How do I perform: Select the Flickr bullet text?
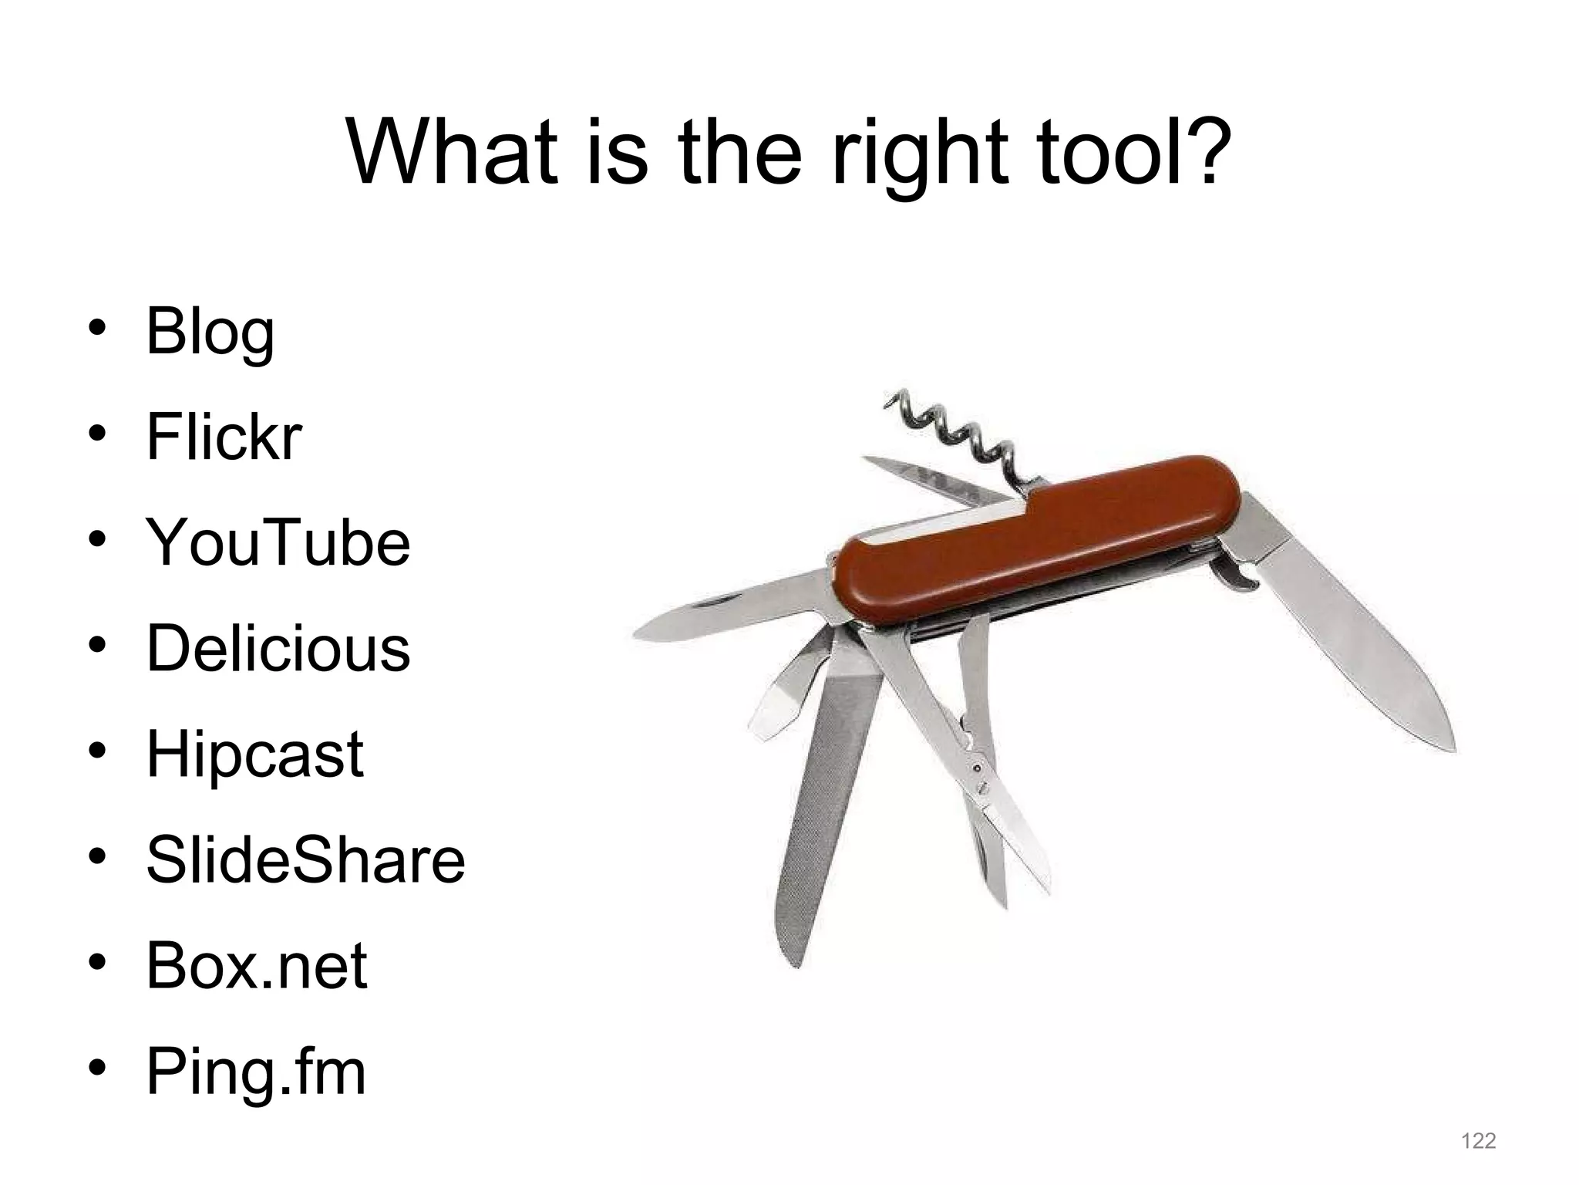pyautogui.click(x=224, y=437)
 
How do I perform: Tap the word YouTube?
pyautogui.click(x=278, y=542)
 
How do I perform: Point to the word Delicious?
pyautogui.click(x=278, y=648)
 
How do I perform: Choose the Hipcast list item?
pyautogui.click(x=254, y=755)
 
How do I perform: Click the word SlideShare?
pyautogui.click(x=305, y=859)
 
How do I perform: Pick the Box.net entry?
pyautogui.click(x=256, y=965)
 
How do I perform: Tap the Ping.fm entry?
pyautogui.click(x=255, y=1072)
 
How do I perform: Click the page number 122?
pyautogui.click(x=1478, y=1140)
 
